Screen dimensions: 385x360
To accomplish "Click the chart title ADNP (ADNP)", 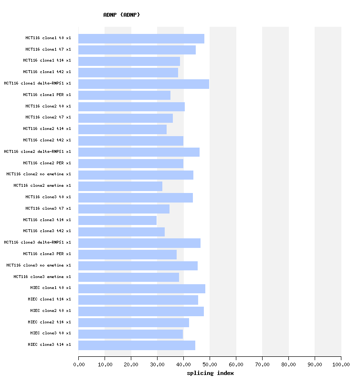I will click(122, 15).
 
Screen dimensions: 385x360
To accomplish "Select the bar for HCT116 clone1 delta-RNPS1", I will click(144, 84).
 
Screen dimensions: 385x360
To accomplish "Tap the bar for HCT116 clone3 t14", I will click(117, 220).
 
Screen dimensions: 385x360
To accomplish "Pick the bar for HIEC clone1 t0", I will click(142, 289).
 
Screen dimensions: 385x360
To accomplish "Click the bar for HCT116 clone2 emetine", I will click(120, 186).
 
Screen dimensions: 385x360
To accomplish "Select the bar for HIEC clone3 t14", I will click(137, 345).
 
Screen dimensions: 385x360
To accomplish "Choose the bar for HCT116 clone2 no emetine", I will click(136, 175).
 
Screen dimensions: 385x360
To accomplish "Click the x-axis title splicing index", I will click(210, 373).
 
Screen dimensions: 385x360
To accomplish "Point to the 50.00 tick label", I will click(210, 365).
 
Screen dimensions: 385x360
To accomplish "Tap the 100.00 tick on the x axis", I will click(341, 365).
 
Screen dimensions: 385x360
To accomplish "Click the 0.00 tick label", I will click(79, 365).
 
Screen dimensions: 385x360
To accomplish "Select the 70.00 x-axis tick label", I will click(262, 365).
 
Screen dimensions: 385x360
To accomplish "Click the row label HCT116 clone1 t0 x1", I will click(48, 38).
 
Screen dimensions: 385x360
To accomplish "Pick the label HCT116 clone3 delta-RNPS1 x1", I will click(37, 242).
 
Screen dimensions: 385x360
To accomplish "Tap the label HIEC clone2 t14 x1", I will click(49, 322).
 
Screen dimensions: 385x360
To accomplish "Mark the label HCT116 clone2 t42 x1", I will click(47, 140).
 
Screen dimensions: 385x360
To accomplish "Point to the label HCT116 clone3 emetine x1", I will click(42, 277).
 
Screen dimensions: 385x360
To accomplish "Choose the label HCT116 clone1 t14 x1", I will click(47, 61).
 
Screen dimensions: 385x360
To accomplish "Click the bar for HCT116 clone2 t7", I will click(126, 118).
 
